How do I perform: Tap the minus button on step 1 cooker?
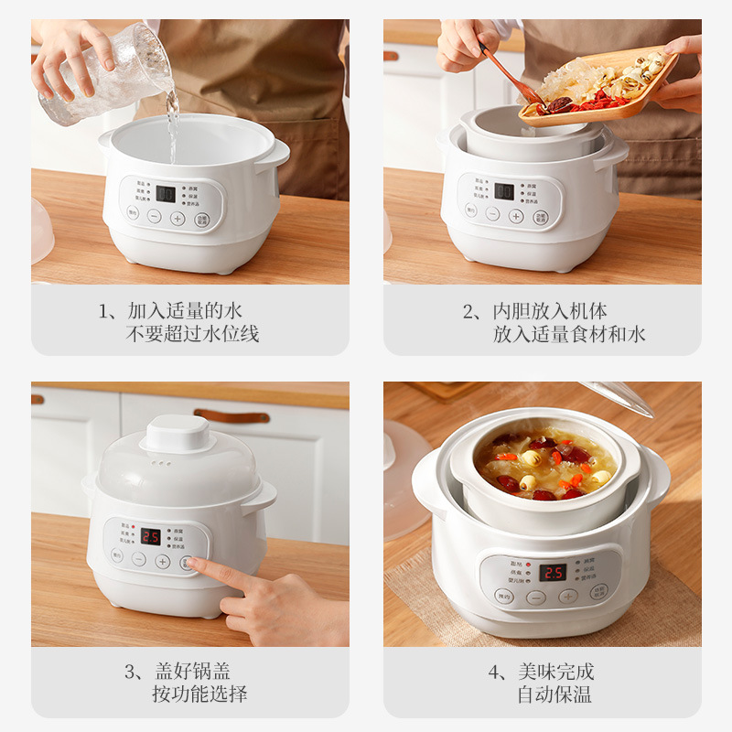[155, 218]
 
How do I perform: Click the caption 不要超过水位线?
[192, 334]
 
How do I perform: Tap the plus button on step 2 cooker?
[516, 216]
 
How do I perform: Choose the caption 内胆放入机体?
[548, 311]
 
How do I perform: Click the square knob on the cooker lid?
[178, 432]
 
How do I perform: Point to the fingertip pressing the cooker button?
[192, 564]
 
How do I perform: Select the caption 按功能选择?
[199, 694]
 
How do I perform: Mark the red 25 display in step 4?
[552, 572]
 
